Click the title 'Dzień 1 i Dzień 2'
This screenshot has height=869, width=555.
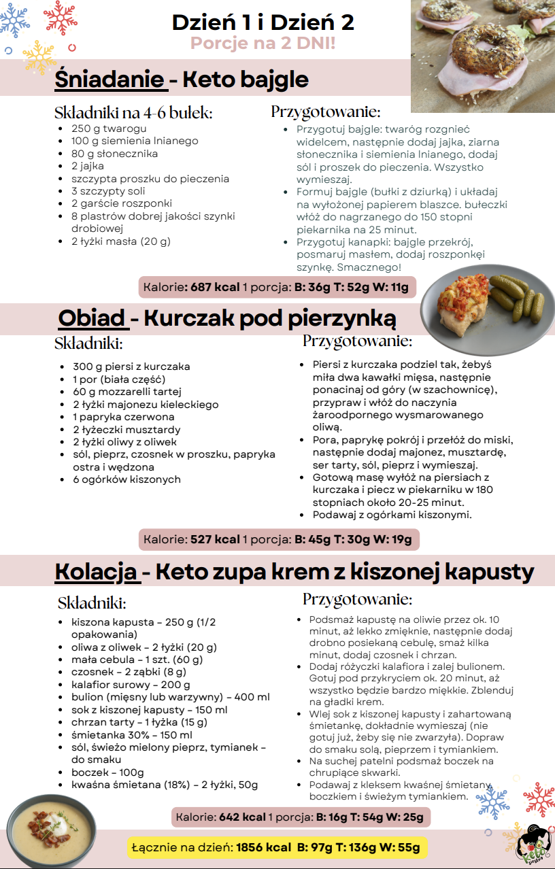[x=263, y=22]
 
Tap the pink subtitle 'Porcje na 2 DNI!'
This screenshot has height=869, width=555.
[x=263, y=44]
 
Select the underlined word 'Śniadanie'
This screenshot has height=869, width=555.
[x=110, y=79]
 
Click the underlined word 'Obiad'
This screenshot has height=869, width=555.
[x=91, y=318]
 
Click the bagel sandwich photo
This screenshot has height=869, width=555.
[x=483, y=54]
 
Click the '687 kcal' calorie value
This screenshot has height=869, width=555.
[x=215, y=287]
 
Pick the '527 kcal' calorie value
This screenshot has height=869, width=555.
[x=215, y=539]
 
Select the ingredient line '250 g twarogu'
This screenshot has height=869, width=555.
[x=109, y=129]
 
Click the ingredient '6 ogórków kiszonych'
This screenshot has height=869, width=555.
[x=127, y=479]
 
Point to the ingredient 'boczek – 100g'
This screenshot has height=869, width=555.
[x=107, y=772]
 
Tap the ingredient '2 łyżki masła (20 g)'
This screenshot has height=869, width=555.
[x=120, y=241]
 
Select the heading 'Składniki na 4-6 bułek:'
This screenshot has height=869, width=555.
[x=133, y=113]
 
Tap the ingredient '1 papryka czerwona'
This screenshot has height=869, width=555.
[x=123, y=417]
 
